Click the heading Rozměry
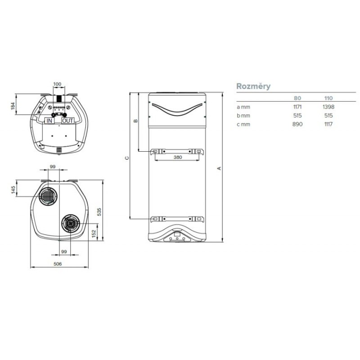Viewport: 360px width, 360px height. pyautogui.click(x=253, y=86)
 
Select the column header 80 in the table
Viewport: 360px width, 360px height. pyautogui.click(x=297, y=98)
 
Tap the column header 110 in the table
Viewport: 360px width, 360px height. pyautogui.click(x=328, y=98)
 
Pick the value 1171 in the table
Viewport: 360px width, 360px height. pyautogui.click(x=297, y=107)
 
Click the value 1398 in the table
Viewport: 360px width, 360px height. pyautogui.click(x=328, y=107)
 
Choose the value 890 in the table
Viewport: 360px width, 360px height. pyautogui.click(x=297, y=124)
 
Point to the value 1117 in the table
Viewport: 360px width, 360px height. pyautogui.click(x=328, y=124)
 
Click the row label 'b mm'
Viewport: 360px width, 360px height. pyautogui.click(x=243, y=116)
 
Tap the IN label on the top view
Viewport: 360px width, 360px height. pyautogui.click(x=49, y=121)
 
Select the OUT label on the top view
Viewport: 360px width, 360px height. pyautogui.click(x=68, y=121)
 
